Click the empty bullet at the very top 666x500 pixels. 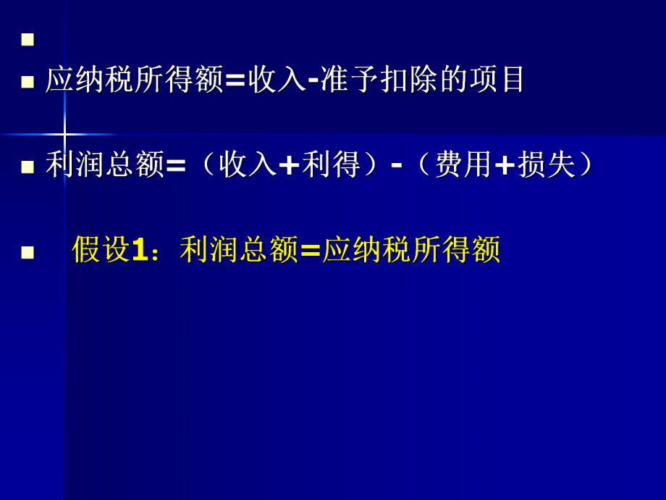pos(28,39)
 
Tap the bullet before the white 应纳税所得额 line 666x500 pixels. pos(28,81)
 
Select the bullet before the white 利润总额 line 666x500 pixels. pos(28,167)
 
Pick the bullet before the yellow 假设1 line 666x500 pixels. pos(28,252)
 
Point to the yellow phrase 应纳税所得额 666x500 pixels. pos(411,251)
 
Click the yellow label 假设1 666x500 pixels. pos(110,251)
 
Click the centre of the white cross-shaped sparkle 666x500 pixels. pos(64,134)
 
